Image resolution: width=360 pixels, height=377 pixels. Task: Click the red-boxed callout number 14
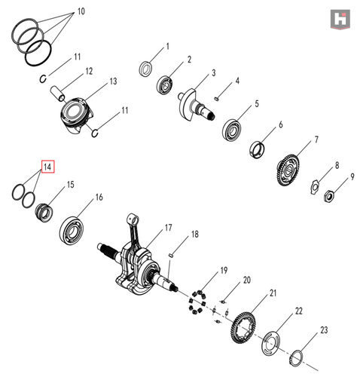pyautogui.click(x=47, y=167)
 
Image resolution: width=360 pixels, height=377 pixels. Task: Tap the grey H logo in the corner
pyautogui.click(x=340, y=19)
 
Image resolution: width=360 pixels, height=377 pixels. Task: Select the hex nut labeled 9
pyautogui.click(x=329, y=196)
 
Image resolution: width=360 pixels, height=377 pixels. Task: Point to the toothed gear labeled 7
pyautogui.click(x=289, y=170)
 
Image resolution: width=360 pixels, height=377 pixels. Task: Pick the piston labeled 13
pyautogui.click(x=77, y=115)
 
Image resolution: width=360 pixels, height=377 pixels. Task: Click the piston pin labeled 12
pyautogui.click(x=58, y=93)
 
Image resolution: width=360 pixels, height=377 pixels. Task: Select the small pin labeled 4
pyautogui.click(x=217, y=98)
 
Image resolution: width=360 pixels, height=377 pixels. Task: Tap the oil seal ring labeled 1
pyautogui.click(x=145, y=69)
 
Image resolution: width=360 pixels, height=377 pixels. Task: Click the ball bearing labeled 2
pyautogui.click(x=165, y=85)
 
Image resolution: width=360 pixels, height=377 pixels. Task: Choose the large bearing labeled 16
pyautogui.click(x=72, y=230)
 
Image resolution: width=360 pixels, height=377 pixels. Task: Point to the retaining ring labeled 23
pyautogui.click(x=297, y=358)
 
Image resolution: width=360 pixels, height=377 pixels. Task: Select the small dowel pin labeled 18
pyautogui.click(x=170, y=255)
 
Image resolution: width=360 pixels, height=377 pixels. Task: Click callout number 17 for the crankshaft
pyautogui.click(x=168, y=228)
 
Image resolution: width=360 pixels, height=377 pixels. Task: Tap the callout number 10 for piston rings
pyautogui.click(x=81, y=11)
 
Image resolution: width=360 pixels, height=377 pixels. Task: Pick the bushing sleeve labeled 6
pyautogui.click(x=258, y=150)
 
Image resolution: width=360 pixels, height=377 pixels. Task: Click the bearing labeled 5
pyautogui.click(x=232, y=130)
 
